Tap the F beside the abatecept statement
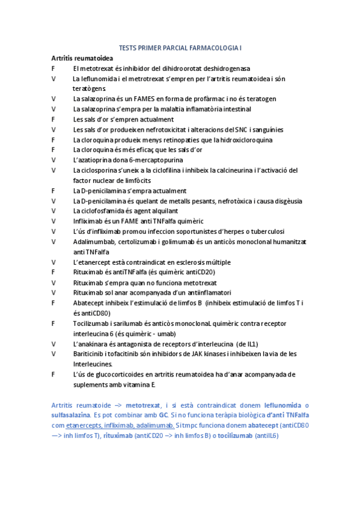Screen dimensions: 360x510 [x=54, y=303]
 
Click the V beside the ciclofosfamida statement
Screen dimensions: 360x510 [x=54, y=211]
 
